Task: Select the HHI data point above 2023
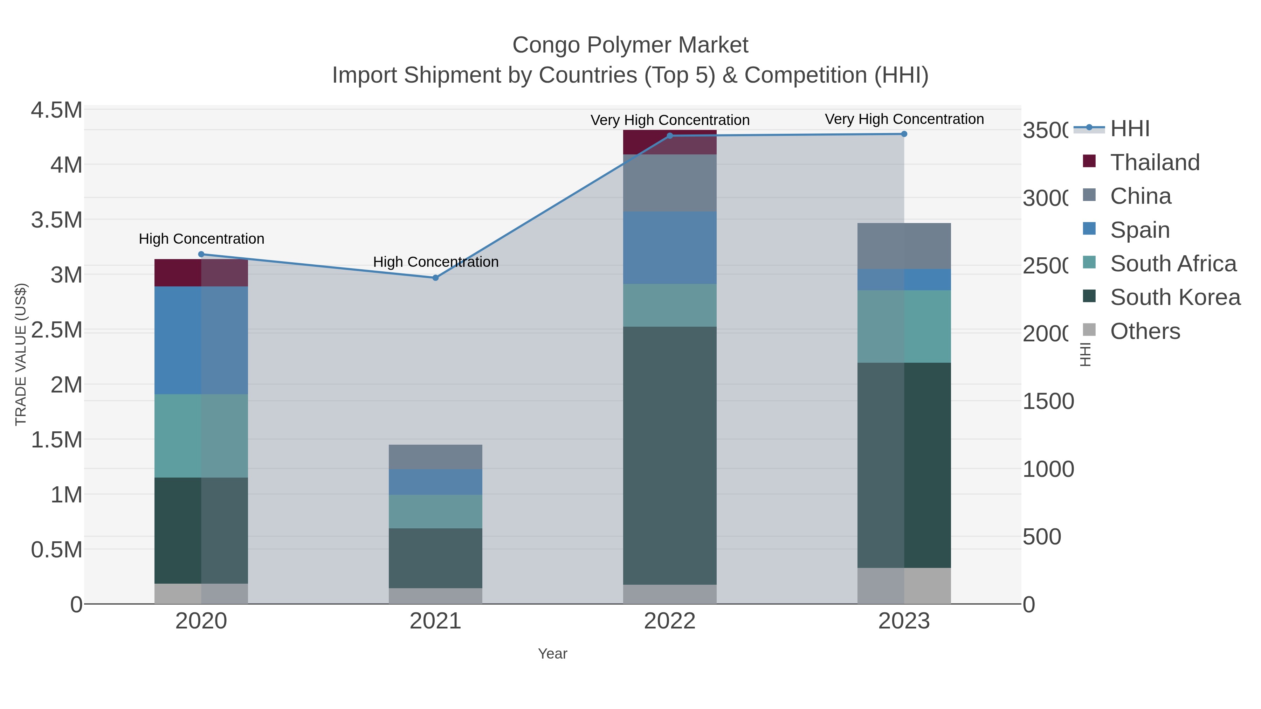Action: [x=904, y=134]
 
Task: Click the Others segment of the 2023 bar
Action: [x=904, y=586]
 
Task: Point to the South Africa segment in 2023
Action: [x=904, y=326]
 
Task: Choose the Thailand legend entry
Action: [x=1154, y=162]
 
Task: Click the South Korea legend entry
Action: [x=1174, y=298]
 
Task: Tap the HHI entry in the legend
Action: [x=1129, y=129]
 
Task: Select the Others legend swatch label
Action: [x=1144, y=331]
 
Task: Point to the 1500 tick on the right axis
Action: [x=1048, y=402]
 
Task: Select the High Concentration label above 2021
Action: [x=436, y=262]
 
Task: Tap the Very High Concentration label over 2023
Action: [x=904, y=119]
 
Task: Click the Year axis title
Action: [x=552, y=654]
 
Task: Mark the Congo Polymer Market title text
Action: [x=630, y=46]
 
